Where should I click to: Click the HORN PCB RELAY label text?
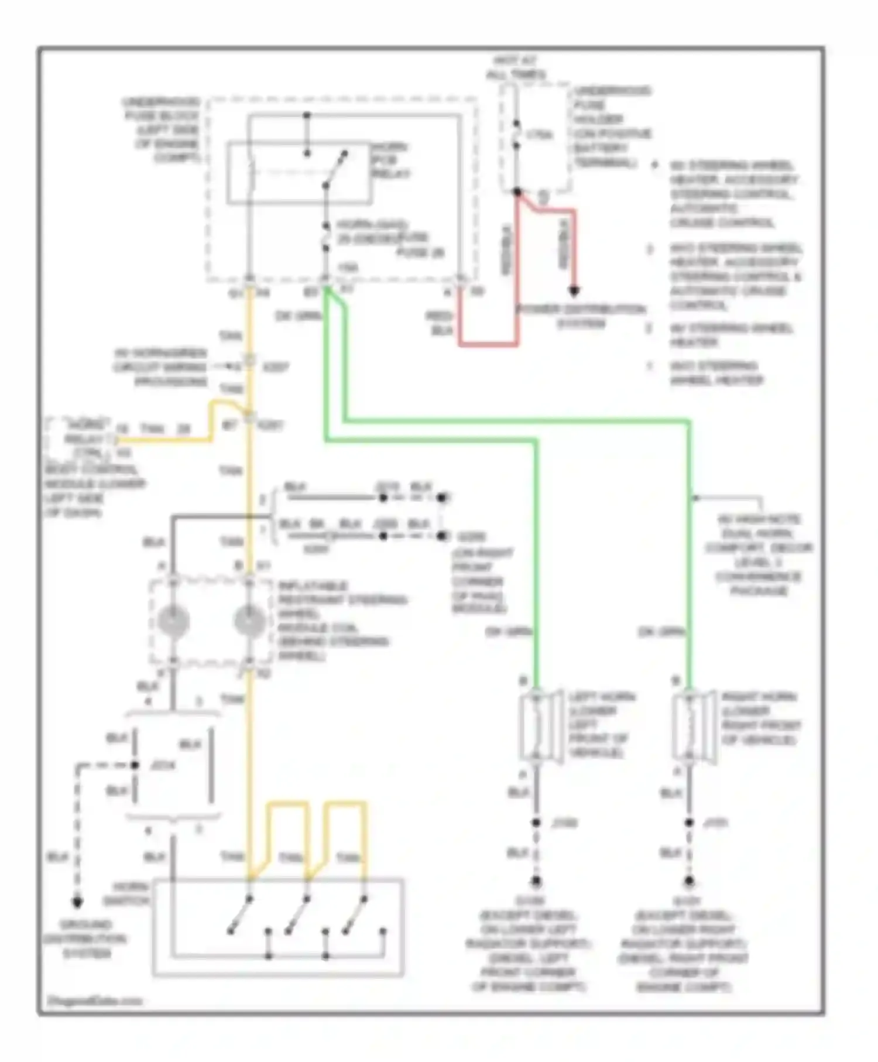point(390,160)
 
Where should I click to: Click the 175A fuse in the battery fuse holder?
point(516,135)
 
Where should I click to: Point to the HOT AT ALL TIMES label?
point(516,67)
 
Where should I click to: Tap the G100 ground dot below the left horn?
point(536,881)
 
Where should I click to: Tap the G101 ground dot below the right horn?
point(689,881)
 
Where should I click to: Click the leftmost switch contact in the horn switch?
point(240,914)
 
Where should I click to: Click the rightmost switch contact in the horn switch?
point(356,914)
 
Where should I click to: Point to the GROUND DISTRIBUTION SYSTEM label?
point(85,939)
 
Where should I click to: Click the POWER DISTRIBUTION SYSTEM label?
point(581,316)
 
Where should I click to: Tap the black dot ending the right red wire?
point(574,290)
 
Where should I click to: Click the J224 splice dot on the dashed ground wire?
point(135,765)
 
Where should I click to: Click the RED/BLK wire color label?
point(439,323)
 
